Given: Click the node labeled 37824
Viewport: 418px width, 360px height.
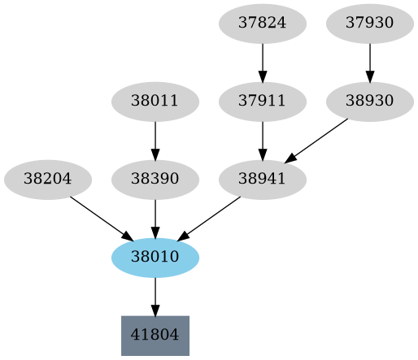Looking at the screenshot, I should pyautogui.click(x=263, y=24).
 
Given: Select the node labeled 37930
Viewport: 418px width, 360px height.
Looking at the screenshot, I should pyautogui.click(x=370, y=24).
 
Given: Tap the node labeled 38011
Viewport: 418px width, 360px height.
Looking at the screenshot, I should pyautogui.click(x=155, y=102).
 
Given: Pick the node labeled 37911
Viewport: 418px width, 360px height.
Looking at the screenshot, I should pyautogui.click(x=263, y=102).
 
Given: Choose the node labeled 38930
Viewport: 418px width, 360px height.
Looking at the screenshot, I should pyautogui.click(x=370, y=102).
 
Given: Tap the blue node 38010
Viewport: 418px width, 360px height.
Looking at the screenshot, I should pyautogui.click(x=155, y=258).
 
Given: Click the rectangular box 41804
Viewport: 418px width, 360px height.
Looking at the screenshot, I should pyautogui.click(x=155, y=335).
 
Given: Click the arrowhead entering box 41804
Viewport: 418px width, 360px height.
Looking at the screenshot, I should pyautogui.click(x=155, y=310).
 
